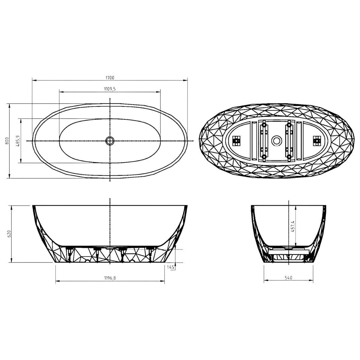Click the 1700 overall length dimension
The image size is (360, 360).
tap(110, 78)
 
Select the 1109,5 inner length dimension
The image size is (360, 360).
tap(110, 89)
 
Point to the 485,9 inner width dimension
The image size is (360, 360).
tap(18, 141)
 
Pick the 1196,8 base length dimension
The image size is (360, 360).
tap(110, 278)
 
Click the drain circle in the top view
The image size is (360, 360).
tap(110, 140)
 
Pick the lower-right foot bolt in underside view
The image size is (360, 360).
tap(289, 156)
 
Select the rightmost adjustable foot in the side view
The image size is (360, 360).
tap(150, 254)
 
